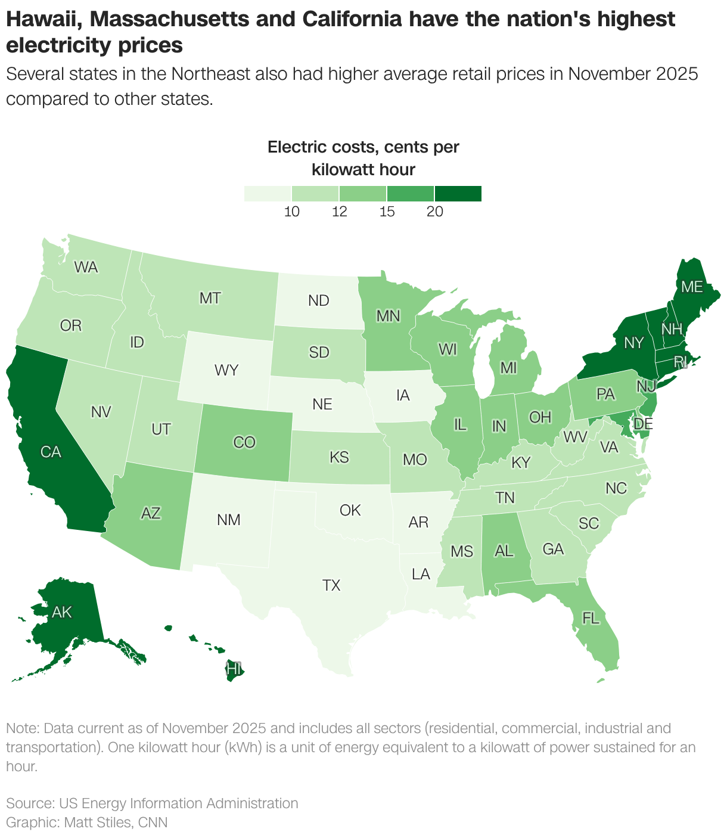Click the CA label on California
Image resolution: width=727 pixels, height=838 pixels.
[51, 452]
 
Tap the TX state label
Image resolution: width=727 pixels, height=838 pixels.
[331, 585]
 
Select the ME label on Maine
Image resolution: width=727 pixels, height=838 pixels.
[692, 287]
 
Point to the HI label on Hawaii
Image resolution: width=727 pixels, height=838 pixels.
[235, 669]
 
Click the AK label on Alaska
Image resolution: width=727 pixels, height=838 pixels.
[62, 612]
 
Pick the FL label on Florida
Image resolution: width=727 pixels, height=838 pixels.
[591, 619]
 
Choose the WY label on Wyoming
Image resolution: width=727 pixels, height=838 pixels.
[226, 370]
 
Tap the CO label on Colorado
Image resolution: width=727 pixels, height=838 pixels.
[244, 442]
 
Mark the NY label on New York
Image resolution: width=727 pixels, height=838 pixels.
[634, 343]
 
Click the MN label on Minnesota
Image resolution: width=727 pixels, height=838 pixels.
[388, 316]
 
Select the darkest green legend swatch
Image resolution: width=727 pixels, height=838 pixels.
[458, 194]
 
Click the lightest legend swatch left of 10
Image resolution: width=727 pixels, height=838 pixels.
[268, 194]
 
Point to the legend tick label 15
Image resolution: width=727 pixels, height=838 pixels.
[387, 212]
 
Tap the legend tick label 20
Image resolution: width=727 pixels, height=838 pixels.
[435, 212]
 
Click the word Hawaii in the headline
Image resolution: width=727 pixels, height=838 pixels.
[41, 20]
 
